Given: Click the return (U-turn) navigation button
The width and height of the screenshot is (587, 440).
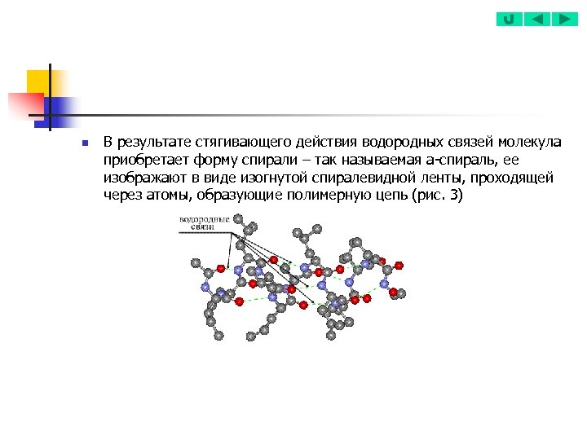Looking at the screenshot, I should tap(509, 19).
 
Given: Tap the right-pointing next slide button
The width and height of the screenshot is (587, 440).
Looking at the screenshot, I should tap(564, 19).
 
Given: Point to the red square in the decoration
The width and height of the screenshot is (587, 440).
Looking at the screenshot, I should tap(24, 105).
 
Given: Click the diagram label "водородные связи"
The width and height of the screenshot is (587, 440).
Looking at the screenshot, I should tap(203, 223).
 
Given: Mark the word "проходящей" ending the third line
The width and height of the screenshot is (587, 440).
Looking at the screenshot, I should tap(517, 178).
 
